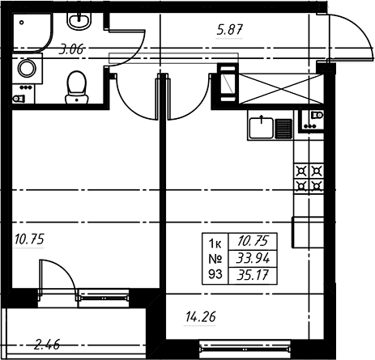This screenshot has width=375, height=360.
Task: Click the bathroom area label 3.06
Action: click(x=71, y=50)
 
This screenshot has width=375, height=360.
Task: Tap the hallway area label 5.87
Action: click(x=230, y=30)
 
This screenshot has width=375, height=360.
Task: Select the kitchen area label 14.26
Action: click(x=201, y=317)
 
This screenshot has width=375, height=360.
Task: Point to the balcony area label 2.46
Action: click(x=47, y=345)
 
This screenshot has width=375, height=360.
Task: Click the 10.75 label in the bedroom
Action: click(x=29, y=239)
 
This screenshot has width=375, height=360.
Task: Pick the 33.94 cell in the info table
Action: click(x=253, y=259)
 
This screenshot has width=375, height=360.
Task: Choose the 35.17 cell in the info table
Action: click(x=253, y=275)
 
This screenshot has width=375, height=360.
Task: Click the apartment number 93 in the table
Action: click(x=215, y=274)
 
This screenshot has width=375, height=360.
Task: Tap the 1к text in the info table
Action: click(x=215, y=244)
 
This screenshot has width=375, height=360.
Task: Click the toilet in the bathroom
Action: click(x=77, y=87)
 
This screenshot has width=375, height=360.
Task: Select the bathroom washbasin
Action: click(x=79, y=21)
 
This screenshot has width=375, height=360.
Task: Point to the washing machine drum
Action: click(x=27, y=68)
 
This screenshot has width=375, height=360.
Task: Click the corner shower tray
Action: click(x=32, y=32)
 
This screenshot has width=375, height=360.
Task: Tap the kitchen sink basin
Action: click(x=261, y=129)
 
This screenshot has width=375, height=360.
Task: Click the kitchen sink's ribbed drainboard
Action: click(x=283, y=129)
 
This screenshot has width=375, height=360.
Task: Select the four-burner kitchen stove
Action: click(x=309, y=178)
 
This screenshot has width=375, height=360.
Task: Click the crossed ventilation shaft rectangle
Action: click(x=281, y=89)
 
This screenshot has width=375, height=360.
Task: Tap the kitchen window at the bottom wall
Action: click(x=245, y=349)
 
